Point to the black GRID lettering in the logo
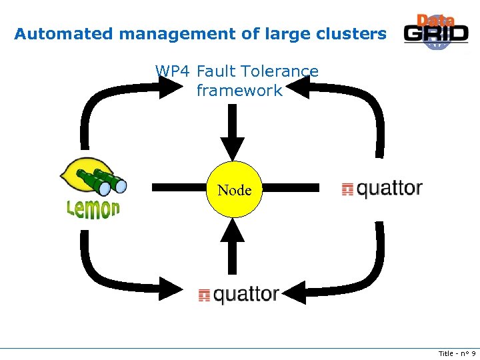click(436, 35)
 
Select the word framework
click(239, 91)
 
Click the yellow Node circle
click(234, 190)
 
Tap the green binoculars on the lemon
click(101, 182)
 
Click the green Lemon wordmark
click(93, 209)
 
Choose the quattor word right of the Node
click(389, 189)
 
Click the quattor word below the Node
click(246, 295)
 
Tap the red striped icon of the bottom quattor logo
click(205, 295)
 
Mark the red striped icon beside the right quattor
click(347, 189)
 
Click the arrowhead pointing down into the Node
click(233, 147)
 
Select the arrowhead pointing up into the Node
click(233, 230)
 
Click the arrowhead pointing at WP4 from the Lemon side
click(167, 87)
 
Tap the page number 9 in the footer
click(473, 353)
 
